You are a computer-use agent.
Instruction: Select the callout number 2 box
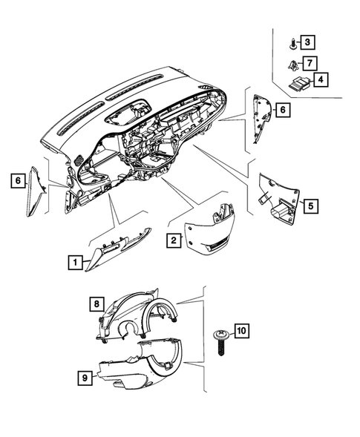(x=172, y=240)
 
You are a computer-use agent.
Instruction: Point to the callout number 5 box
(x=310, y=205)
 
